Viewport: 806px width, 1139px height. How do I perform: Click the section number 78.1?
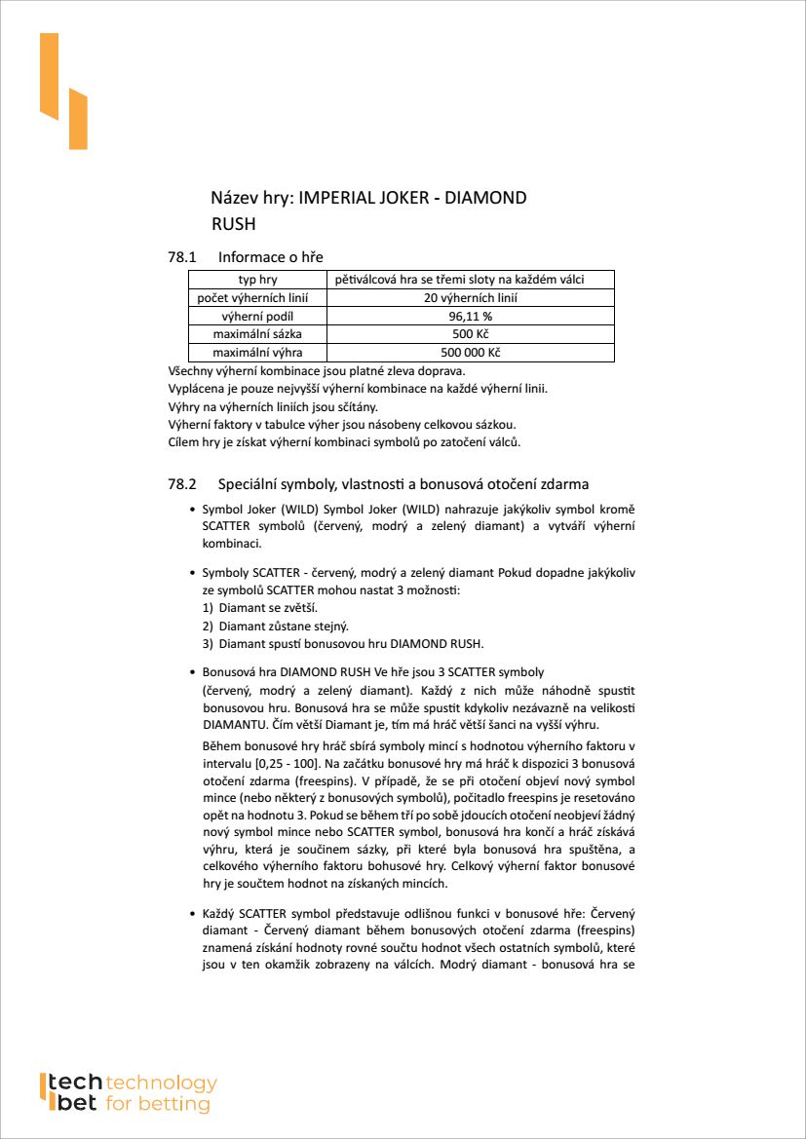click(x=183, y=257)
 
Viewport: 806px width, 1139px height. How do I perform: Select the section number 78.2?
click(x=183, y=483)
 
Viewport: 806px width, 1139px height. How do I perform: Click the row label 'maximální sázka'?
click(x=258, y=334)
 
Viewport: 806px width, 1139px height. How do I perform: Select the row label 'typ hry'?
click(x=258, y=281)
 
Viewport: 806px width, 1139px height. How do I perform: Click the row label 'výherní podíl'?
click(x=258, y=317)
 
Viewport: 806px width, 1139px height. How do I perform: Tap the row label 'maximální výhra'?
click(x=258, y=353)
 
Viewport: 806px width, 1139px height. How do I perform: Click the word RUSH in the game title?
click(x=233, y=224)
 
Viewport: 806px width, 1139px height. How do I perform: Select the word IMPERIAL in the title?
click(x=336, y=198)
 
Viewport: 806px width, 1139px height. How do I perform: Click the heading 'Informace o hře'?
click(x=271, y=257)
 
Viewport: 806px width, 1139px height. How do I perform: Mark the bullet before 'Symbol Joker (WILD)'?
click(x=191, y=510)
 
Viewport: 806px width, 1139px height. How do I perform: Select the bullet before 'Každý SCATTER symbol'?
click(x=191, y=914)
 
